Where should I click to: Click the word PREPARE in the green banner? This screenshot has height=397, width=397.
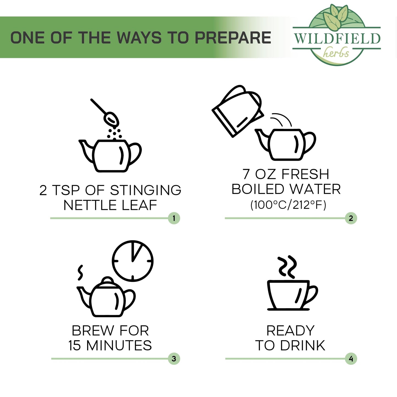tap(233, 37)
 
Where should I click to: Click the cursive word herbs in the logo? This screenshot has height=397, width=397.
tap(336, 52)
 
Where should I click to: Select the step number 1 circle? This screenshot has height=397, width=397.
tap(174, 218)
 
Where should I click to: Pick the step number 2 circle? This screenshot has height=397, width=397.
tap(351, 218)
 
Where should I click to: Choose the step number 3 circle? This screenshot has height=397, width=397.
tap(174, 359)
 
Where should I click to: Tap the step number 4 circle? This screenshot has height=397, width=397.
tap(351, 359)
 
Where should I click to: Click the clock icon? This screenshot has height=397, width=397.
tap(133, 261)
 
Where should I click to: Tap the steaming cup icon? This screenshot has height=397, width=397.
tap(292, 283)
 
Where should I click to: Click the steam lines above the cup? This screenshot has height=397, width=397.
tap(287, 266)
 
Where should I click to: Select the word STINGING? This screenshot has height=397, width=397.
tap(145, 190)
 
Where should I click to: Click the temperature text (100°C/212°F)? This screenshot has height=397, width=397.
tap(288, 205)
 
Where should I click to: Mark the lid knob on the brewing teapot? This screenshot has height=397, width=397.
tap(107, 281)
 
